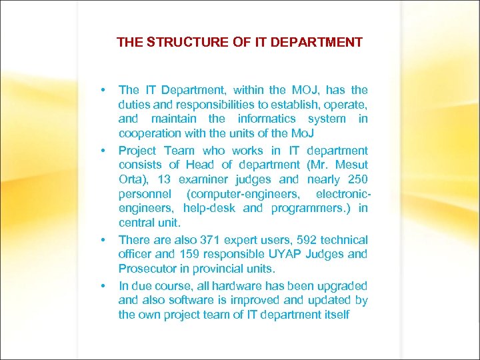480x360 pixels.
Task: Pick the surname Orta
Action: tap(131, 179)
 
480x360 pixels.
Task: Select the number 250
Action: tap(357, 179)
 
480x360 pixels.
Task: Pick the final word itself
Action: tap(334, 315)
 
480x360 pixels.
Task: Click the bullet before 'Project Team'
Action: tap(103, 151)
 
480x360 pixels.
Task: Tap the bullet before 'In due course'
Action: tap(103, 285)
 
